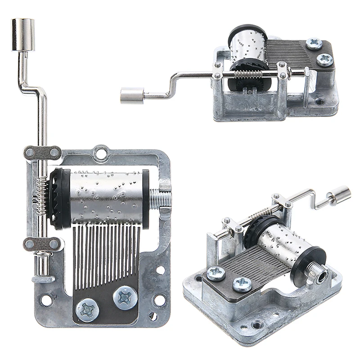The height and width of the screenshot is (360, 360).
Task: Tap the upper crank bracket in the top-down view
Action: point(42,153)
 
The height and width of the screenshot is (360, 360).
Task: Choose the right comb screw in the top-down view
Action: point(124,297)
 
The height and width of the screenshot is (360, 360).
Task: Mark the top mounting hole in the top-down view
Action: point(102,153)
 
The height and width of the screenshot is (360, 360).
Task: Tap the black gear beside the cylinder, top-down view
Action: point(58,198)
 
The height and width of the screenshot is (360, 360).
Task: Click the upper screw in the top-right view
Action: point(313,44)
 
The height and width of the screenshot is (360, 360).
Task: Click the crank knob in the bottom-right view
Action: point(341,195)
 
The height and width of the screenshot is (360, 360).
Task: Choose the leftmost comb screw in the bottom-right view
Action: point(216,274)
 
